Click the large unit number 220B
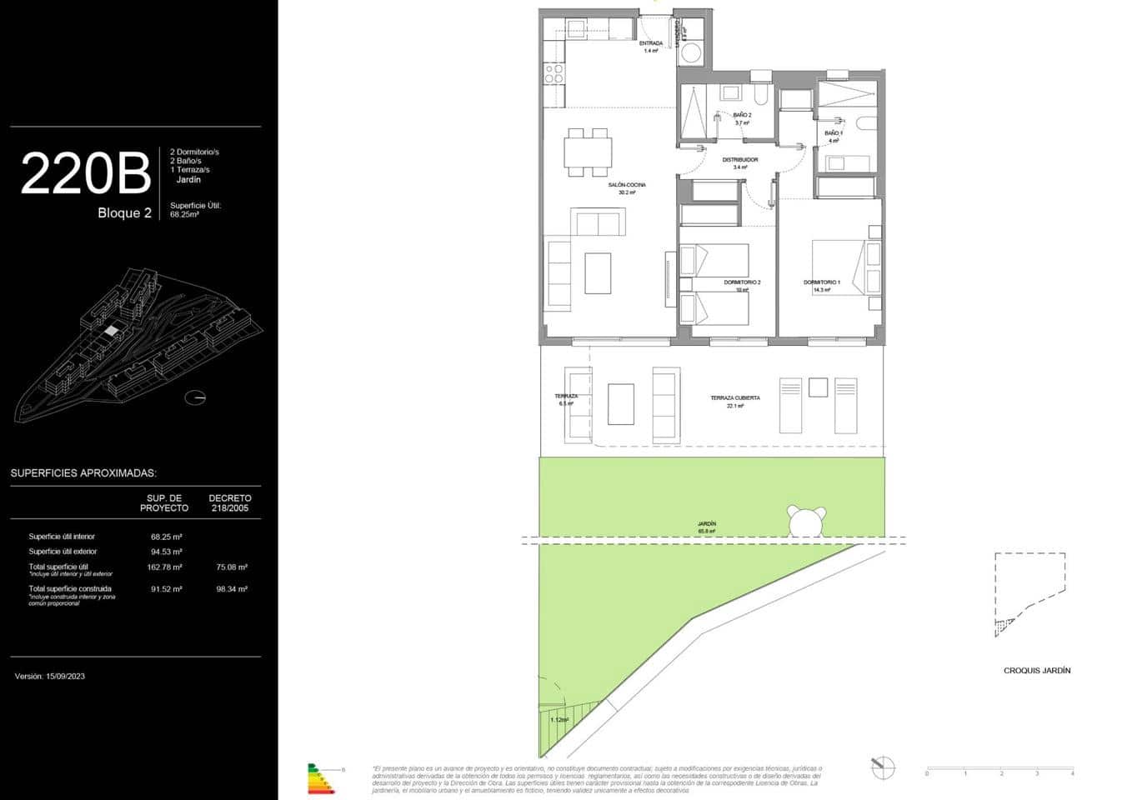point(85,173)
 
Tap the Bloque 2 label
point(124,213)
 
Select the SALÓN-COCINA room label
point(627,185)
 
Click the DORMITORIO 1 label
point(822,282)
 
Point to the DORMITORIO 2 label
point(742,282)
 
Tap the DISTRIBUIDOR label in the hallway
point(739,160)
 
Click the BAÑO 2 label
point(742,115)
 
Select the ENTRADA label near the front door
point(651,43)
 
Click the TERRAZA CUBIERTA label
point(734,398)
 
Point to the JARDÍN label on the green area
point(707,524)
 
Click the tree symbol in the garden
point(807,522)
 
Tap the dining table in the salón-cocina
point(588,152)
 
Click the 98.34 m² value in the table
point(231,589)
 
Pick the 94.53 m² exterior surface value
point(167,552)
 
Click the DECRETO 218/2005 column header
point(230,502)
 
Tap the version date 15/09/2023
point(50,677)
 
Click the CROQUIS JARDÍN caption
point(1037,670)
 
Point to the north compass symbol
point(882,767)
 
